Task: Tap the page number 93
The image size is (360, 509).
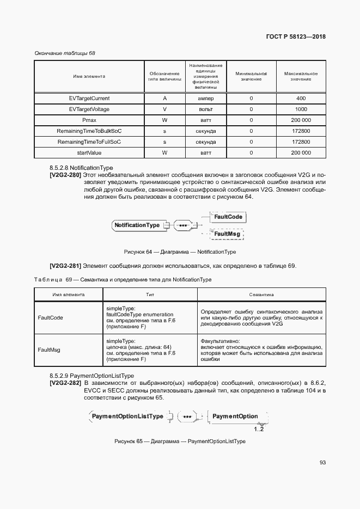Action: tap(322, 463)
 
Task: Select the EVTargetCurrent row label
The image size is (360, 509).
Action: tap(89, 99)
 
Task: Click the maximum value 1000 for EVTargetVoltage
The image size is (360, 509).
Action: tap(301, 109)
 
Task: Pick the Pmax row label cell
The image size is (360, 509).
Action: tap(89, 120)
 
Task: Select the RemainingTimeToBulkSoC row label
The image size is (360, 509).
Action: tap(89, 131)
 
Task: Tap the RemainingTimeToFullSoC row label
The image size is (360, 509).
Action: tap(89, 142)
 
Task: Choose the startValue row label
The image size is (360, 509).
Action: tap(89, 153)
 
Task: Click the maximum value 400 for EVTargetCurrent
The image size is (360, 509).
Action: tap(301, 99)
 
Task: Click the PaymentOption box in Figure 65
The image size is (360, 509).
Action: tap(235, 416)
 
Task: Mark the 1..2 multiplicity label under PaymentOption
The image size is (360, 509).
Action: tap(258, 430)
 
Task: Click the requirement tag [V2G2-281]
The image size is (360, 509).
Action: tap(65, 266)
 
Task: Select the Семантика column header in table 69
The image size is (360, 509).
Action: tap(261, 295)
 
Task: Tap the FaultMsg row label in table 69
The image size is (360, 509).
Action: tap(48, 351)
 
